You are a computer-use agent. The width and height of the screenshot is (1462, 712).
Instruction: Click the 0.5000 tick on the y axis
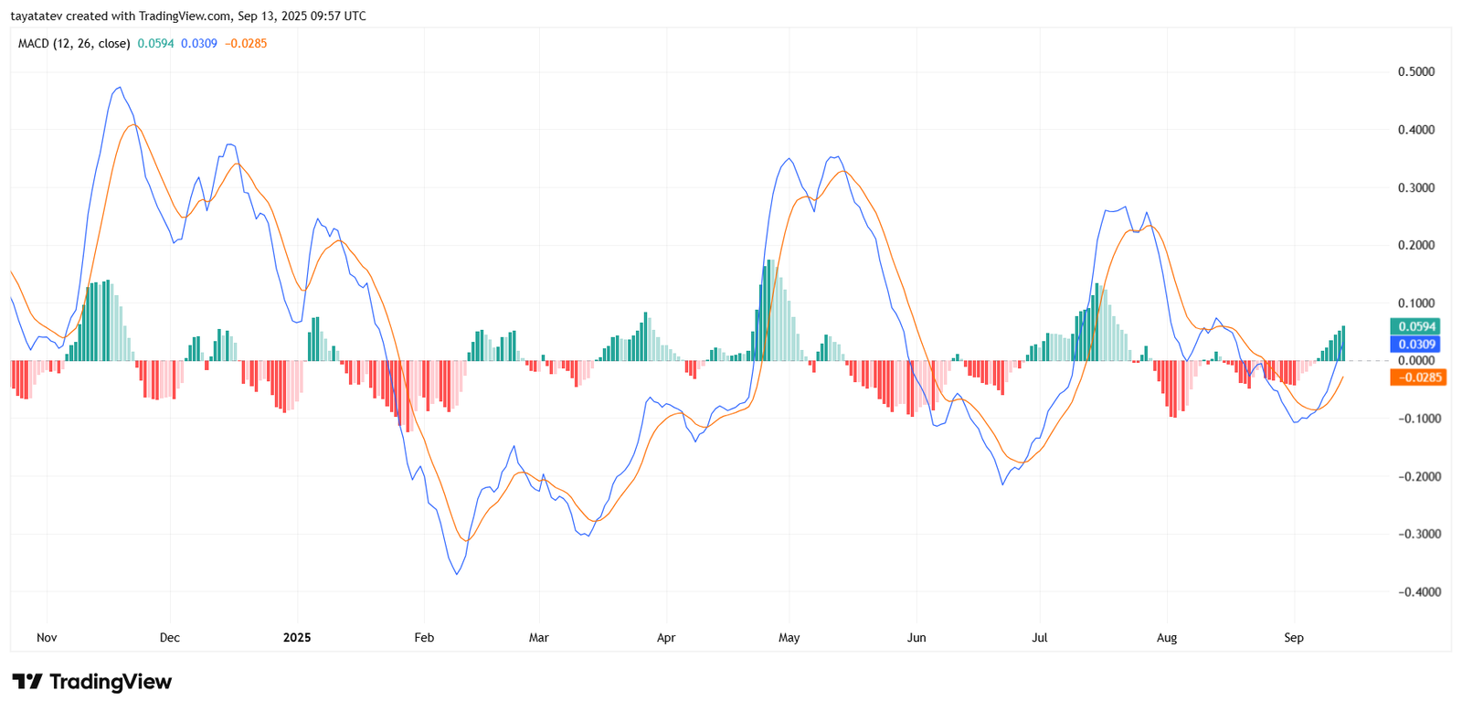(1415, 72)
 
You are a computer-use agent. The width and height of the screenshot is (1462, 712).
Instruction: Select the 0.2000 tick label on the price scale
(1415, 246)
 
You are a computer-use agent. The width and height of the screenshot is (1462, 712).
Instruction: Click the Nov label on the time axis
(47, 638)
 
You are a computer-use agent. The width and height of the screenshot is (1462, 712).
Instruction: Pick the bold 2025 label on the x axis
(297, 638)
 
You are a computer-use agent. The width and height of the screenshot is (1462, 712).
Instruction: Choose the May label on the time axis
(789, 638)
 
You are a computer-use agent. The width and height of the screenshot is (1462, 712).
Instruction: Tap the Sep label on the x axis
(1293, 638)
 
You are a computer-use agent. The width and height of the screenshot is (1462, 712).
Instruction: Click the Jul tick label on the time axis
(1039, 638)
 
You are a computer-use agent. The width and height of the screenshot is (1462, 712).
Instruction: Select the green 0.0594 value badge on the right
(1415, 326)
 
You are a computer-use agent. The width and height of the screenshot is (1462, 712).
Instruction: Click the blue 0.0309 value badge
(1415, 345)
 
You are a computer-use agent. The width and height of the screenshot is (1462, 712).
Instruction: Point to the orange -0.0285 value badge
(1418, 377)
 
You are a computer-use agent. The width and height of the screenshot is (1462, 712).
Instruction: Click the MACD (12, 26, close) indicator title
(74, 44)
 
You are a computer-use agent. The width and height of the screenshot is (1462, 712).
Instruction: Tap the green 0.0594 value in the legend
(155, 44)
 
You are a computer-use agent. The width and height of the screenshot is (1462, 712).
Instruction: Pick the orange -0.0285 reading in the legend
(246, 44)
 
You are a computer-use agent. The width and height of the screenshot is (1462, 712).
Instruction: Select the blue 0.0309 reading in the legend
(199, 44)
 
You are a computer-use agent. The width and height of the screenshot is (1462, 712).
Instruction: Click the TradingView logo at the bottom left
(91, 682)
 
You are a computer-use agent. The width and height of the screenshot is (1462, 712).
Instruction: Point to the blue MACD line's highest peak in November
(120, 88)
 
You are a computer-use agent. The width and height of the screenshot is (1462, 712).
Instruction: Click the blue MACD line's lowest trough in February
(457, 574)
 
